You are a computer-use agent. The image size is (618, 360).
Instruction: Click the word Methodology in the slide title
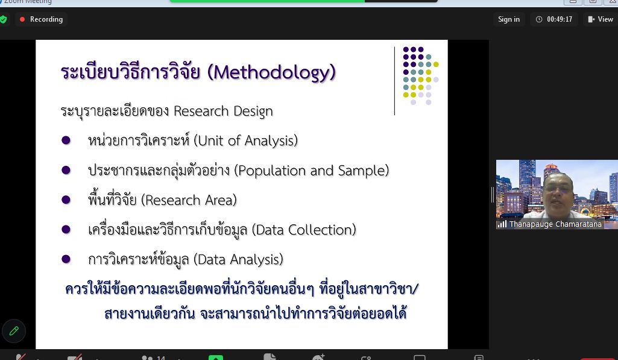tap(271, 72)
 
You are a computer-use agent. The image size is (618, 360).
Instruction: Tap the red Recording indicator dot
tap(22, 19)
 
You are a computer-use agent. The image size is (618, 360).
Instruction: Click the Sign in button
tap(508, 19)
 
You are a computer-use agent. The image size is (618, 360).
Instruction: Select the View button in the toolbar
tap(600, 19)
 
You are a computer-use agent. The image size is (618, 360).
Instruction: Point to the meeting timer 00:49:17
tap(560, 19)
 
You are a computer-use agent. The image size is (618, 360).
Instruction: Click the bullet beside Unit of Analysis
tap(66, 140)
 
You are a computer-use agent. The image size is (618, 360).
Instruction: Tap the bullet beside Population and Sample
tap(66, 170)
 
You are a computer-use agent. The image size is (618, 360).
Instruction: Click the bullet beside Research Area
tap(66, 200)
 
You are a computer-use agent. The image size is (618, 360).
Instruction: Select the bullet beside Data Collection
tap(66, 229)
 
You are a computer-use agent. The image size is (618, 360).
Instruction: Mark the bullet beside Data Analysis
tap(66, 259)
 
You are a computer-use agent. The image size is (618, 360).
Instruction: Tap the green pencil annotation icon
tap(14, 331)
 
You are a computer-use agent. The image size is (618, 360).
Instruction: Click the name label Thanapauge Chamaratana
tap(555, 224)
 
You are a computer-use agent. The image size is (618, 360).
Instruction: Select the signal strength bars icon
tap(502, 224)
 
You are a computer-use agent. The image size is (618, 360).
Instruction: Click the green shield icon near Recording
tap(3, 19)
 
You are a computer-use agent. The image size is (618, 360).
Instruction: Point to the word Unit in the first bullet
tap(211, 141)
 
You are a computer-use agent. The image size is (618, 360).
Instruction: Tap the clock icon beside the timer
tap(539, 19)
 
